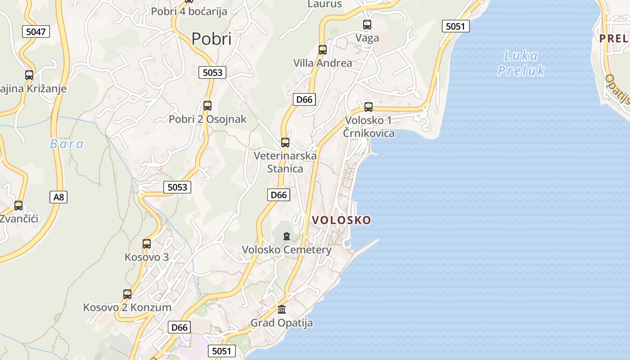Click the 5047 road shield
click(36, 31)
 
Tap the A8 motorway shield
click(58, 197)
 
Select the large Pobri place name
click(211, 39)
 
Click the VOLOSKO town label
click(342, 220)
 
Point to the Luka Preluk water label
click(521, 63)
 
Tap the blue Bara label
click(67, 144)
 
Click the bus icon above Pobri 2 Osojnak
click(207, 106)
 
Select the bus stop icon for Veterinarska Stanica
click(285, 143)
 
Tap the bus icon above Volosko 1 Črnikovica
click(369, 107)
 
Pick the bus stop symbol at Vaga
click(367, 25)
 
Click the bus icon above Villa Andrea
click(323, 49)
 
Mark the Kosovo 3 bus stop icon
click(147, 244)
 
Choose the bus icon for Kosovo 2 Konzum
click(127, 294)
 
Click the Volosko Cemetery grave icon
click(286, 236)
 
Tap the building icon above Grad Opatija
click(282, 310)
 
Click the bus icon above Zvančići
click(18, 206)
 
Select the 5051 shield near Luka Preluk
click(455, 26)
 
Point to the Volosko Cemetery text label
click(287, 250)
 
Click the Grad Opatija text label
click(282, 323)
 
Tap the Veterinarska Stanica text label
click(285, 162)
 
